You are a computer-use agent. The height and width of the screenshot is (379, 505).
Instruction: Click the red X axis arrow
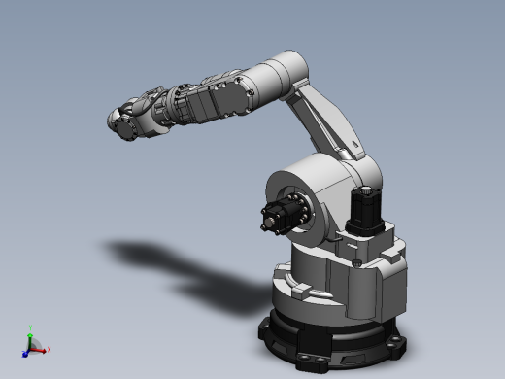coord(43,347)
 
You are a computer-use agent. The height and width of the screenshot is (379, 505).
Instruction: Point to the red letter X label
coord(50,348)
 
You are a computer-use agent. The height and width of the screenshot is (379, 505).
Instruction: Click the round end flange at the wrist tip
coord(116,122)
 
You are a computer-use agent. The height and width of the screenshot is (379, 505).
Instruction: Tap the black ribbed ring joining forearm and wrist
coord(177,104)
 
